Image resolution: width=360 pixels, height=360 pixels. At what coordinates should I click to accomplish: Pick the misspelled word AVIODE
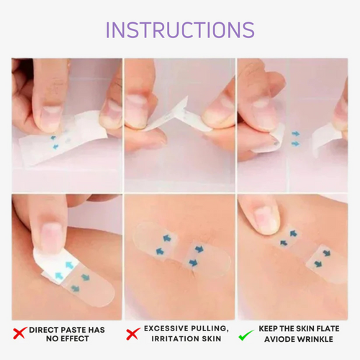pos(281,339)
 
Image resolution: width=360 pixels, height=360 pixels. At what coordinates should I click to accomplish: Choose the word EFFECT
pos(78,339)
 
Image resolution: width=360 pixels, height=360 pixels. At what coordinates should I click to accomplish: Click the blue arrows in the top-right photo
pos(296,138)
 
